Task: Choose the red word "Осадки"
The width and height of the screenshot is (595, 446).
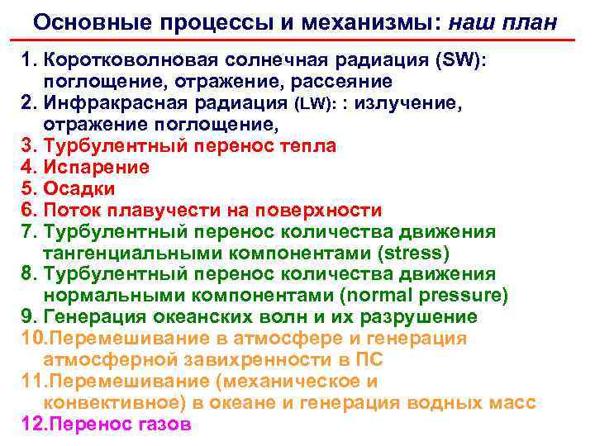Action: click(81, 189)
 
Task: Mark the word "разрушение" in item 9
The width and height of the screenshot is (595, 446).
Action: click(430, 317)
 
